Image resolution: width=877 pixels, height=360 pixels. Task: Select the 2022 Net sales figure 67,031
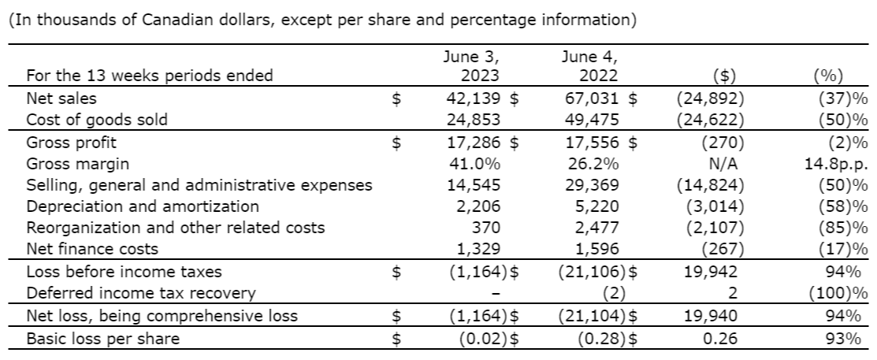click(591, 99)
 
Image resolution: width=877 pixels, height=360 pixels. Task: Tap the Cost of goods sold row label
click(97, 121)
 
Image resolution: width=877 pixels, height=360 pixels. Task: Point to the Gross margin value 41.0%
click(476, 164)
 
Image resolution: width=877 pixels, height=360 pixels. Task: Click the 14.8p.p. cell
click(832, 164)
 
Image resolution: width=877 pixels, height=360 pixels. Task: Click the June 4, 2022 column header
click(590, 66)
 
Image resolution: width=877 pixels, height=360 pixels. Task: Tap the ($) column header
click(723, 76)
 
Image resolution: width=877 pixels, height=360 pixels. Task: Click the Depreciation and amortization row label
click(143, 206)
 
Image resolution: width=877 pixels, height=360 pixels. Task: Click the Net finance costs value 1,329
click(481, 249)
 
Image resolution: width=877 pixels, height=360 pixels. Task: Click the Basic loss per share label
click(102, 339)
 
